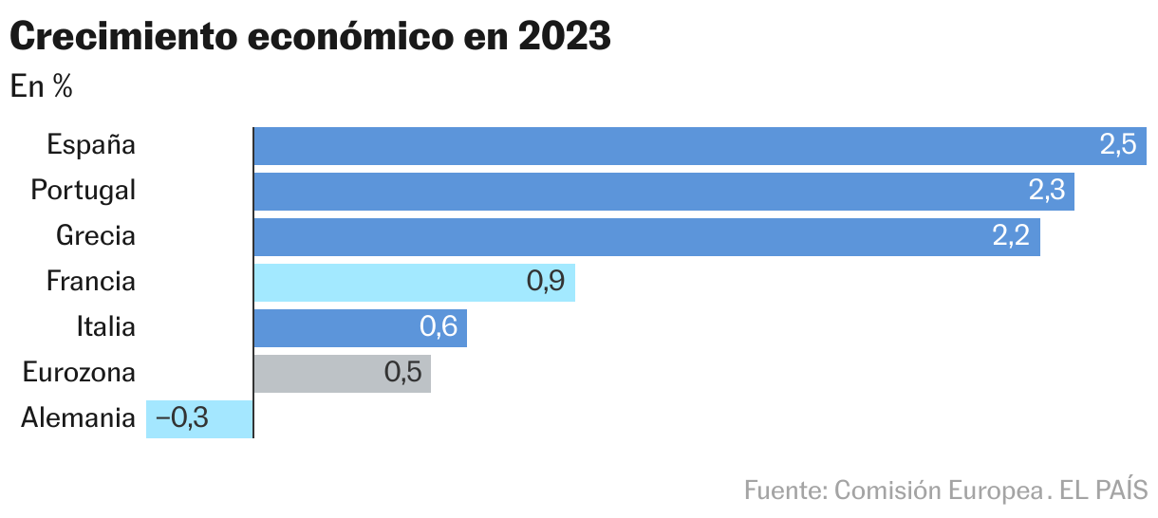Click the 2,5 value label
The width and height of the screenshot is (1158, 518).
1117,146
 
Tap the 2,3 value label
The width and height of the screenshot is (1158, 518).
1046,192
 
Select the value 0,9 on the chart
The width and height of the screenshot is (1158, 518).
546,283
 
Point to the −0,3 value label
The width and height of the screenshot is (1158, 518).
181,418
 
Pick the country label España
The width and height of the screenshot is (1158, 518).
91,146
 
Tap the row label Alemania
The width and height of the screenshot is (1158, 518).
78,418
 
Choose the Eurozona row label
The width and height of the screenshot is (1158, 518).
79,373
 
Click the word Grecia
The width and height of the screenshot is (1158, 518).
96,236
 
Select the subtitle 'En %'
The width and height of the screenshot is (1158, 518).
42,87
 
